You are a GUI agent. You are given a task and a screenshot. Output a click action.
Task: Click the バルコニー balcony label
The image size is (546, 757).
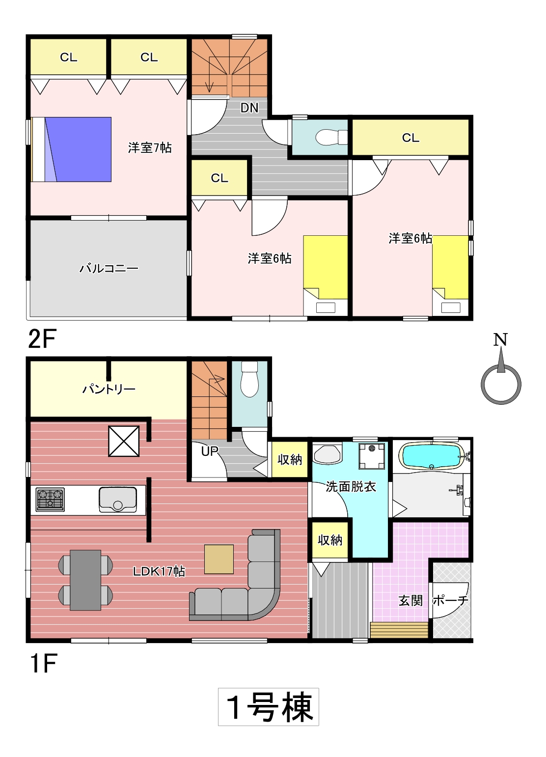tap(109, 269)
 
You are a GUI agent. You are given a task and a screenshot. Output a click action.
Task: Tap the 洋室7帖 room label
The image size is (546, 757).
tap(150, 148)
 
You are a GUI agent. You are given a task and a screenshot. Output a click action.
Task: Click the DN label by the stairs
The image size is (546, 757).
tap(249, 108)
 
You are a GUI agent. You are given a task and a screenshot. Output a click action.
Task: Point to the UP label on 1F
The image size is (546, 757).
tap(210, 451)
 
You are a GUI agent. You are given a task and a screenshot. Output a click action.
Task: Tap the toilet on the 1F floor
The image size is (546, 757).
tap(249, 379)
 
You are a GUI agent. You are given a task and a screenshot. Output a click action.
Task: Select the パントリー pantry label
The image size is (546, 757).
tap(109, 390)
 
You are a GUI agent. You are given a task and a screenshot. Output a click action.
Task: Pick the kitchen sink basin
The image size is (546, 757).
tap(117, 500)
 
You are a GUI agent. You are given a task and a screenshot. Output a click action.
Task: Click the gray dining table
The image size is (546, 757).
tap(85, 580)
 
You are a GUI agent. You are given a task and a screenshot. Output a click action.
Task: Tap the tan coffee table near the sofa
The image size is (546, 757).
tap(219, 560)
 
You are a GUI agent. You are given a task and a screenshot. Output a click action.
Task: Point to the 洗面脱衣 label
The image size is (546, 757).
tap(351, 487)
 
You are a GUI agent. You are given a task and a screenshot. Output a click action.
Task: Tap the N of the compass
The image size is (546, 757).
tap(500, 340)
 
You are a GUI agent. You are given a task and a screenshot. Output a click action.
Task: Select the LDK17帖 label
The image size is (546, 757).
tap(159, 571)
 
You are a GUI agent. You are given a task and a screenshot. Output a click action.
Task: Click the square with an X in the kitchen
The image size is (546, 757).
tap(124, 441)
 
